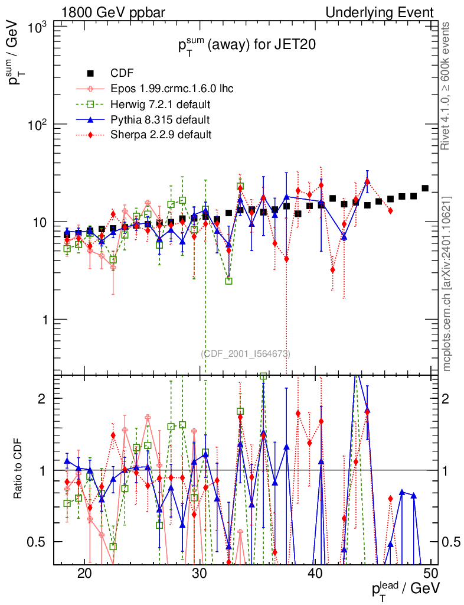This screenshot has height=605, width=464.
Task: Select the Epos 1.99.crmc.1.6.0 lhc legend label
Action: tap(172, 89)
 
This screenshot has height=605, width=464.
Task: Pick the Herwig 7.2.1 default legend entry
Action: tap(161, 105)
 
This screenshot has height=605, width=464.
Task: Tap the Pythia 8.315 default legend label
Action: tap(160, 120)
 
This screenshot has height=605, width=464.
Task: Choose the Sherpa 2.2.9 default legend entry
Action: tap(161, 135)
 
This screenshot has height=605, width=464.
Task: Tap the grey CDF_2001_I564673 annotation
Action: tap(246, 353)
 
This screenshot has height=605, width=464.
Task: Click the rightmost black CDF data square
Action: tap(425, 188)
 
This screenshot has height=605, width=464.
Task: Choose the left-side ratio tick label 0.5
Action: tap(38, 542)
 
